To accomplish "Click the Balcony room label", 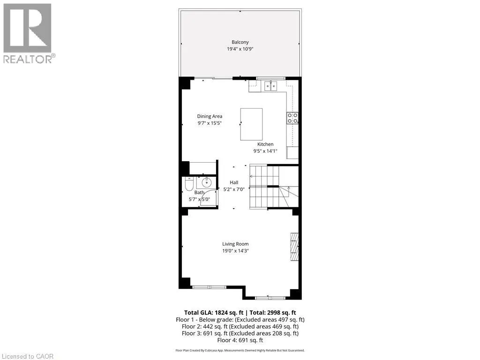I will (x=240, y=42).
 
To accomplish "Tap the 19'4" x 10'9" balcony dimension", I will (x=240, y=49).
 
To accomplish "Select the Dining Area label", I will (x=210, y=116).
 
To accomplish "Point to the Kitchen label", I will (x=265, y=144).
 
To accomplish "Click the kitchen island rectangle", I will (x=251, y=124).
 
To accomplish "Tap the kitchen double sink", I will (x=270, y=85).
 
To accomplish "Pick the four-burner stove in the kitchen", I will (x=292, y=118).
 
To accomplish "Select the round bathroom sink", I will (x=207, y=183).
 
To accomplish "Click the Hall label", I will (x=234, y=182).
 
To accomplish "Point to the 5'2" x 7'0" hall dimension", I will (x=234, y=189).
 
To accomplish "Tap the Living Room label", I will (x=235, y=244).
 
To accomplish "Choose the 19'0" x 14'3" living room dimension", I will (x=235, y=251).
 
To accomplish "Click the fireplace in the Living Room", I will (x=294, y=247).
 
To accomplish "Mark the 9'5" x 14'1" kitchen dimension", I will (x=265, y=151).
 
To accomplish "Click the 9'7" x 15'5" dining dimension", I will (x=209, y=123).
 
